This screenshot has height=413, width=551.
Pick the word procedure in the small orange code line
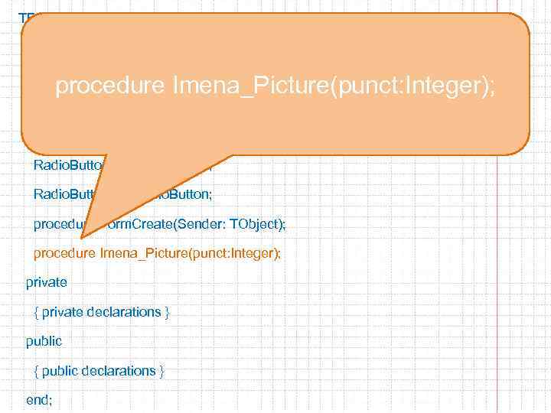coord(64,254)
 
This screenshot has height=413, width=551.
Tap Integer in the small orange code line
coord(256,254)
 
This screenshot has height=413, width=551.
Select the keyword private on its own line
coord(47,283)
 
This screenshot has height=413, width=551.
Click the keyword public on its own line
coord(44,341)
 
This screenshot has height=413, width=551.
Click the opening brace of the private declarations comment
coord(37,312)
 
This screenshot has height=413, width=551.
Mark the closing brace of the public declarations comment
coord(161,370)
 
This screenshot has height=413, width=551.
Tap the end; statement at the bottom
coord(39,399)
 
